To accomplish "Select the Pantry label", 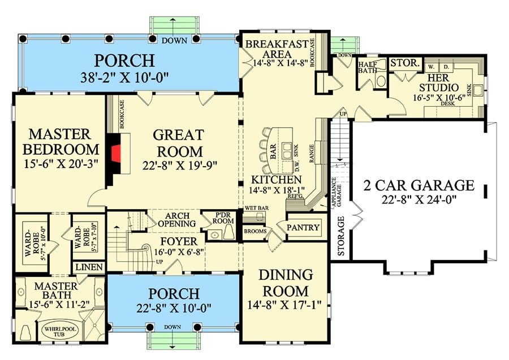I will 304,228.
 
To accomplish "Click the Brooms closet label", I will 255,231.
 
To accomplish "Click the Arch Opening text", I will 180,220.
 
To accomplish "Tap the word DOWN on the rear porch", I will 174,41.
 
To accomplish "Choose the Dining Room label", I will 286,283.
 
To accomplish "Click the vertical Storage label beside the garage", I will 341,237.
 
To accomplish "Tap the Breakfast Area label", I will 281,49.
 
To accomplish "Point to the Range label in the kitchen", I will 310,150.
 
